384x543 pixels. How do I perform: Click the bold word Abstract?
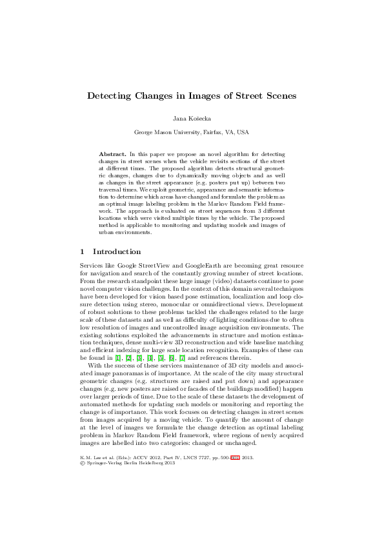click(113, 155)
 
